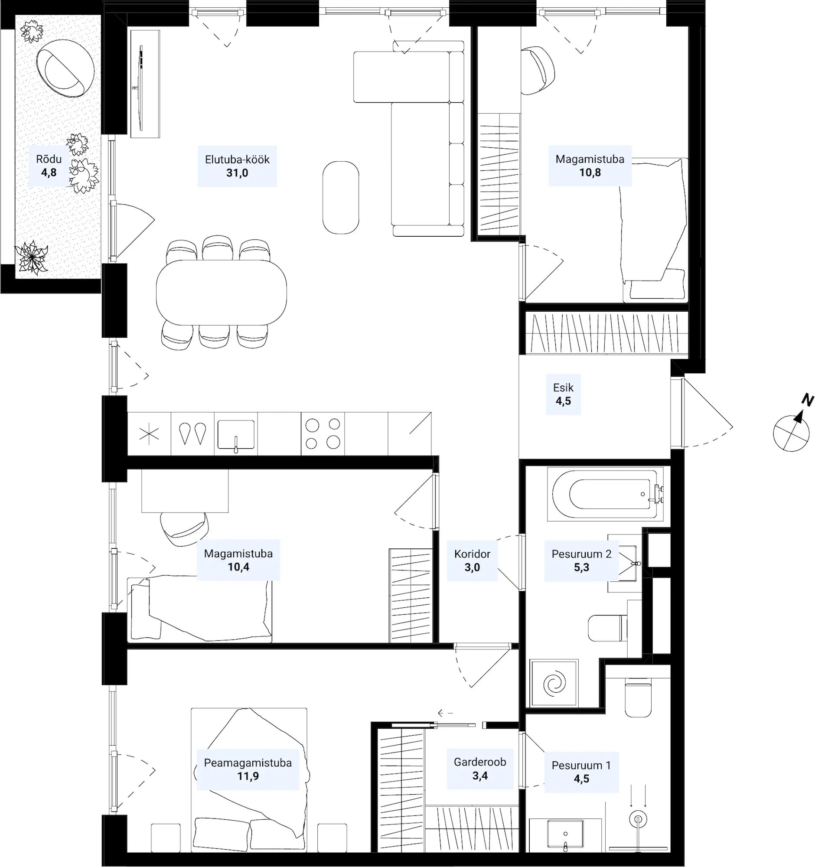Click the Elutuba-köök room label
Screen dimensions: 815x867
[237, 166]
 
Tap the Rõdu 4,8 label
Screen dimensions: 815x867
[49, 166]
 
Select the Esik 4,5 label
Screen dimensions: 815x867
[563, 394]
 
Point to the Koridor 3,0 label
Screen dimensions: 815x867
[472, 561]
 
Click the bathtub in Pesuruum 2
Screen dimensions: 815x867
[606, 494]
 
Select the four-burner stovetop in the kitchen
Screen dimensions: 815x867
[323, 433]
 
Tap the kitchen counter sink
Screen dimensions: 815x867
[236, 435]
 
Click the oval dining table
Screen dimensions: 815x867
[222, 293]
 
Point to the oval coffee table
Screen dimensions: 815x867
[341, 198]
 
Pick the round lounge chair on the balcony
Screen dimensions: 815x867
[65, 68]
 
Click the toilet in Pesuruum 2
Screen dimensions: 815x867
[608, 629]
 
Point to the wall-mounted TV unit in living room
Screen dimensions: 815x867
[145, 84]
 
